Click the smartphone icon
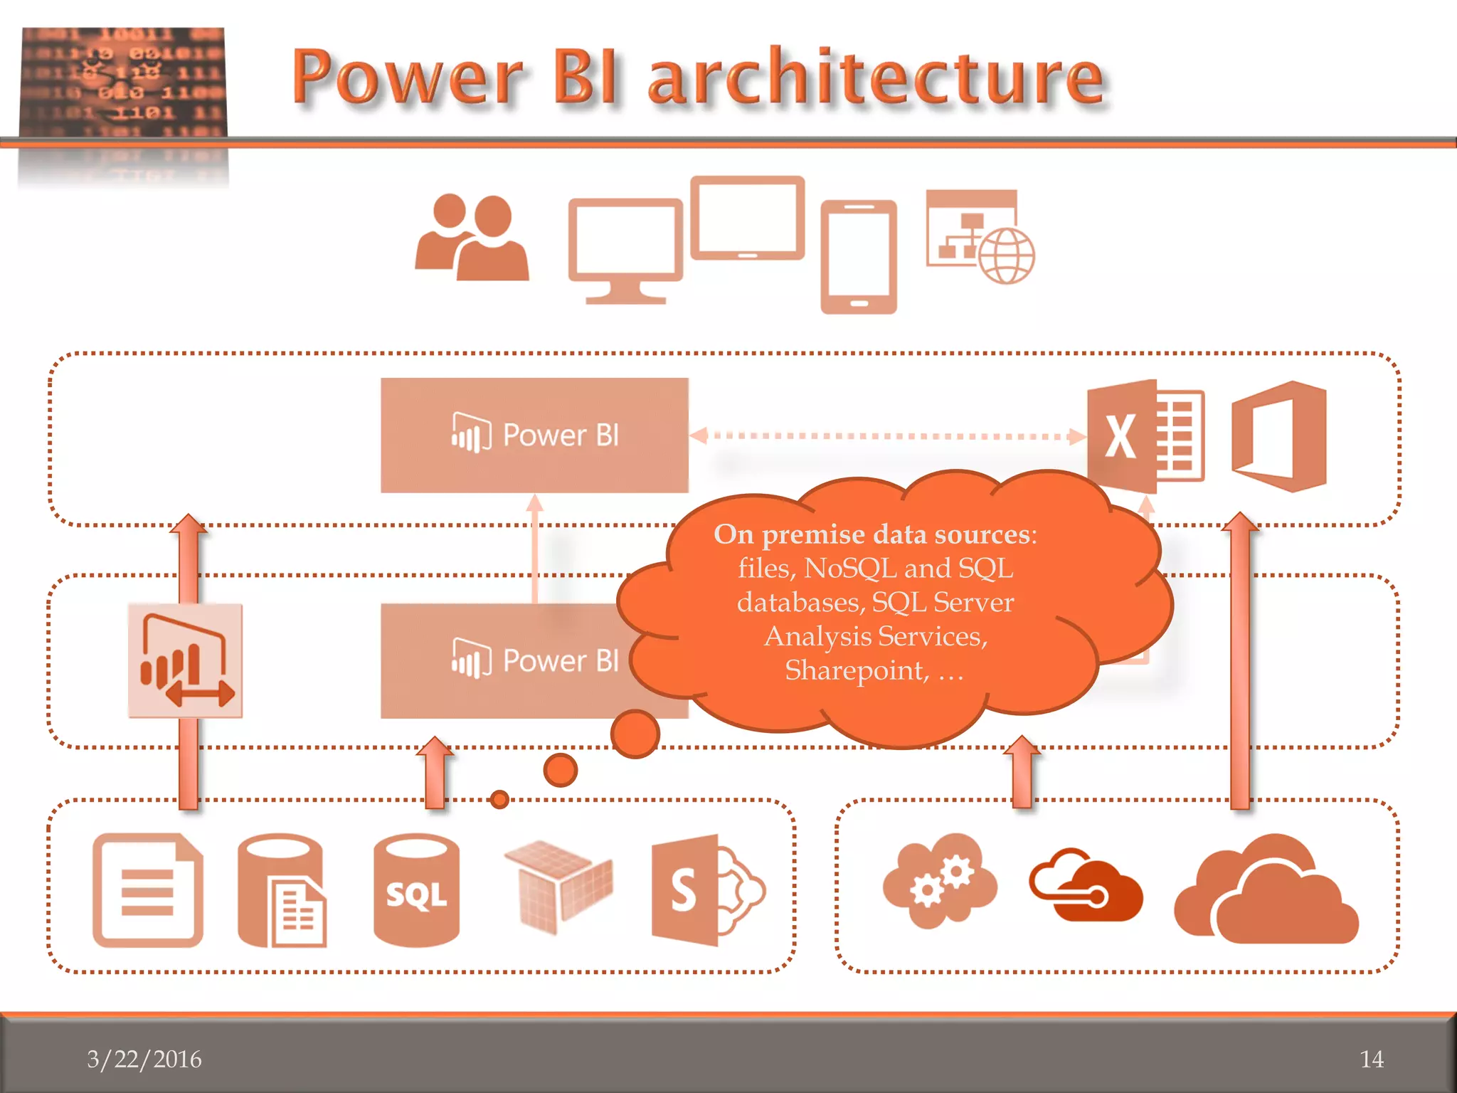click(859, 257)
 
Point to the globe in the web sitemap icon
click(1006, 256)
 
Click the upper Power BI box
click(534, 435)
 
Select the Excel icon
click(1145, 435)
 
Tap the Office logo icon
click(1279, 435)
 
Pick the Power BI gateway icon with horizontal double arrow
click(185, 660)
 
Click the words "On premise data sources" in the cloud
click(875, 534)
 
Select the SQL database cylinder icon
click(416, 890)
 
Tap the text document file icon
click(148, 890)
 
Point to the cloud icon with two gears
click(940, 882)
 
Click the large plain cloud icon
click(1266, 893)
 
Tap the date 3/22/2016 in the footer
click(144, 1059)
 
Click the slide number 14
click(1372, 1059)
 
